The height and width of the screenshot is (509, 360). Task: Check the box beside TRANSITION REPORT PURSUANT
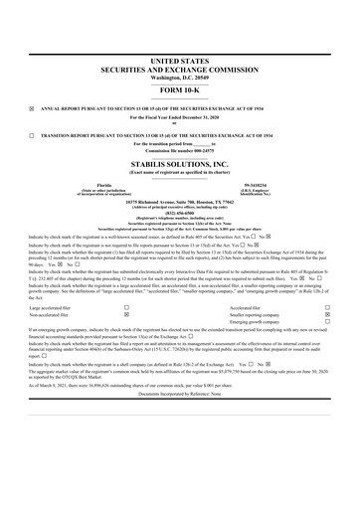(x=32, y=133)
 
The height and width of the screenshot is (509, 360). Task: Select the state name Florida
(x=100, y=184)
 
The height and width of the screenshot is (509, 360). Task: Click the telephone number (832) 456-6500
(x=180, y=218)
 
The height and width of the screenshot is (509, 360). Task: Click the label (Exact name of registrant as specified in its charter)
(x=180, y=173)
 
